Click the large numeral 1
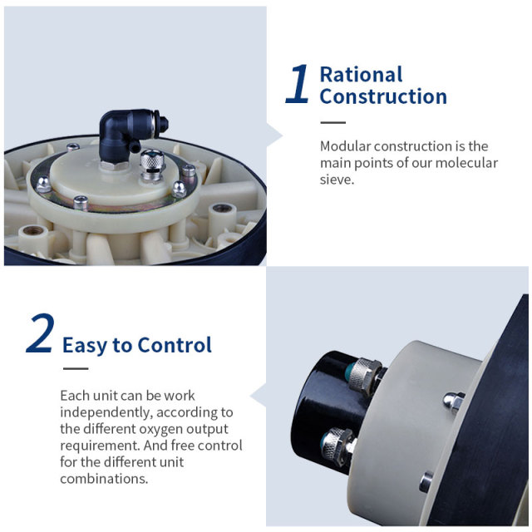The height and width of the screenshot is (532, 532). tap(298, 86)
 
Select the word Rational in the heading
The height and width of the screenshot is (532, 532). tap(361, 75)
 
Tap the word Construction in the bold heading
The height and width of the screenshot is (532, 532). tap(383, 96)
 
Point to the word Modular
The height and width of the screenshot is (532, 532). tap(347, 146)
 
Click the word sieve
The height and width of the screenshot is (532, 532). tap(336, 180)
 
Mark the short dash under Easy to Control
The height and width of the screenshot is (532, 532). tap(76, 367)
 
